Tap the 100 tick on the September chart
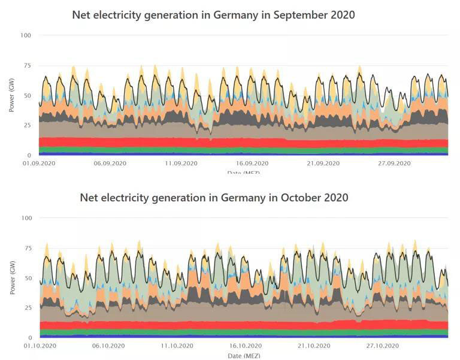click(25, 35)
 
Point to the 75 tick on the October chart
click(26, 248)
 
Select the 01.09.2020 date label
click(39, 163)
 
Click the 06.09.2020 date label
click(110, 163)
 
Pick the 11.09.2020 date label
click(181, 163)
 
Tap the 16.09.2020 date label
click(252, 163)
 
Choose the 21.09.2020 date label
click(323, 163)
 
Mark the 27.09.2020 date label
click(394, 163)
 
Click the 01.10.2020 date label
click(39, 346)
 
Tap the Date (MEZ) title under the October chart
click(243, 356)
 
